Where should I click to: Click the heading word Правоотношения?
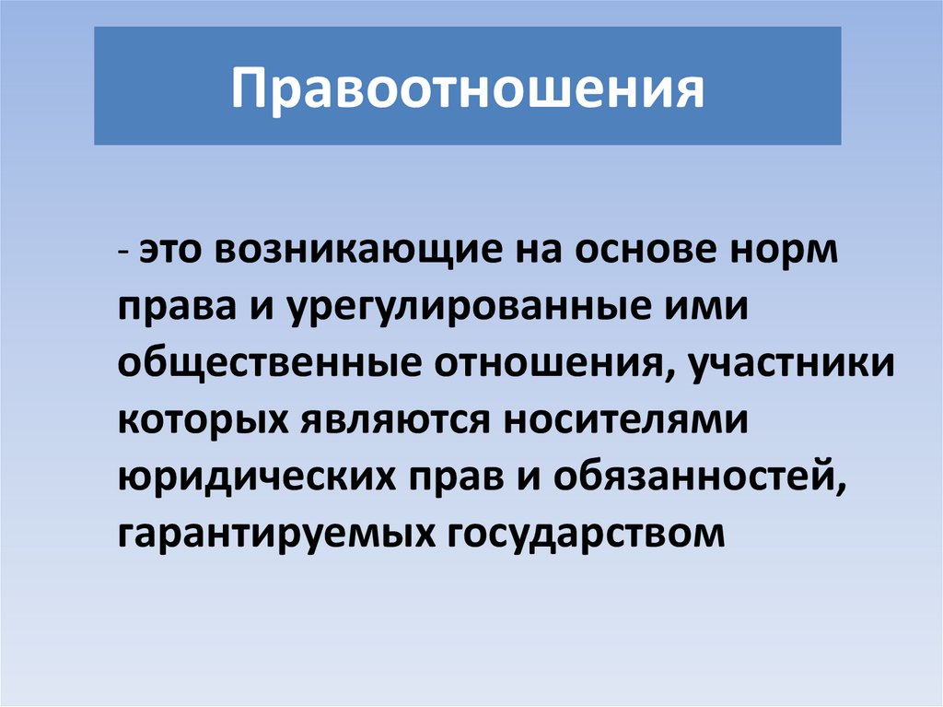coord(467,88)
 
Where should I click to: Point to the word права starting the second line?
coord(163,309)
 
